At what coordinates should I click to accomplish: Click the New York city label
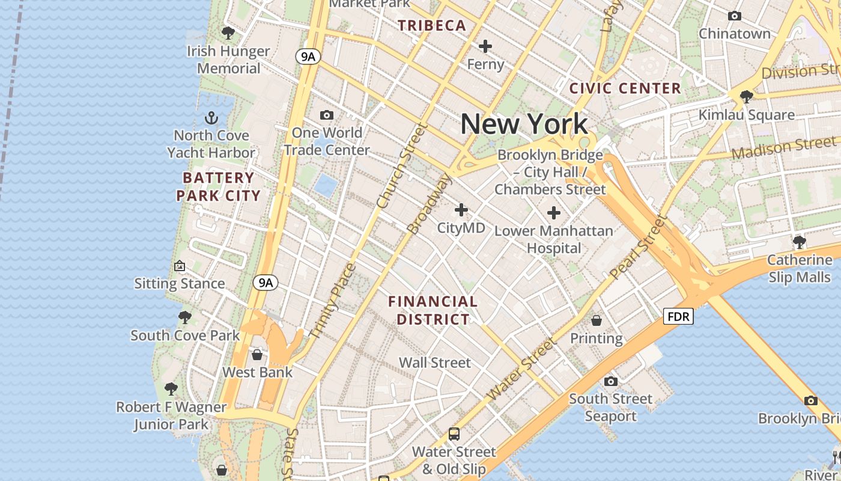(x=524, y=124)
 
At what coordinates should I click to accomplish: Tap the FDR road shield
(x=678, y=316)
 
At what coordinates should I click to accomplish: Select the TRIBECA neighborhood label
(x=432, y=25)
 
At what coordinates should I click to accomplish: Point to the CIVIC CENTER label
(x=625, y=88)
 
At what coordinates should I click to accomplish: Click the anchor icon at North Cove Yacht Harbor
(x=211, y=117)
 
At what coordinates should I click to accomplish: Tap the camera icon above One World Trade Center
(x=327, y=115)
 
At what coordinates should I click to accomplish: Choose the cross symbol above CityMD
(x=461, y=210)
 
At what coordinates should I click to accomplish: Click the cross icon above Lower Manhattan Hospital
(x=553, y=212)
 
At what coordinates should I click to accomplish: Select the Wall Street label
(x=435, y=363)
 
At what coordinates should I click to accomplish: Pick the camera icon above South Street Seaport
(x=611, y=381)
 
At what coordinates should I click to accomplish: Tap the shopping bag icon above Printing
(x=597, y=320)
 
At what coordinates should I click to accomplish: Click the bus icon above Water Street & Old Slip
(x=454, y=434)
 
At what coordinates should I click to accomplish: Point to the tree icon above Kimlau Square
(x=747, y=96)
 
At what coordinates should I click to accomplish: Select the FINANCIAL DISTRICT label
(x=433, y=310)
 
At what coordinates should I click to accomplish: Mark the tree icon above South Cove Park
(x=185, y=317)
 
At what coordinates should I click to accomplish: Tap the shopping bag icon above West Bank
(x=257, y=355)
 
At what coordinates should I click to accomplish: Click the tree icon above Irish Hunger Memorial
(x=228, y=32)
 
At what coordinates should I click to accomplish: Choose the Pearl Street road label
(x=639, y=247)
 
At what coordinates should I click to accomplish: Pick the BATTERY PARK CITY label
(x=219, y=186)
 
